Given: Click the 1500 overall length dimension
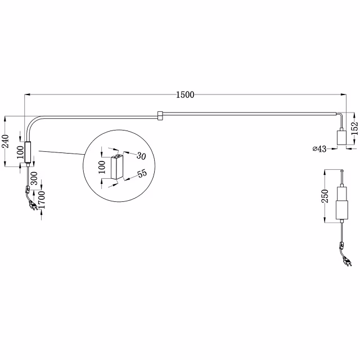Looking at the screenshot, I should tap(184, 95).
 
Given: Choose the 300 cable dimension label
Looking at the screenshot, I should tap(34, 179).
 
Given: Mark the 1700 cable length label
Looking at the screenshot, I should tap(41, 199).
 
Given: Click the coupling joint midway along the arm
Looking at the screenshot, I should tap(160, 115).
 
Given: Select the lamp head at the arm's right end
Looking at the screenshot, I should tap(341, 138).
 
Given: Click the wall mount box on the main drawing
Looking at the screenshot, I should tap(29, 151).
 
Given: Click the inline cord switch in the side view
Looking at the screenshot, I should tap(343, 246).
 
